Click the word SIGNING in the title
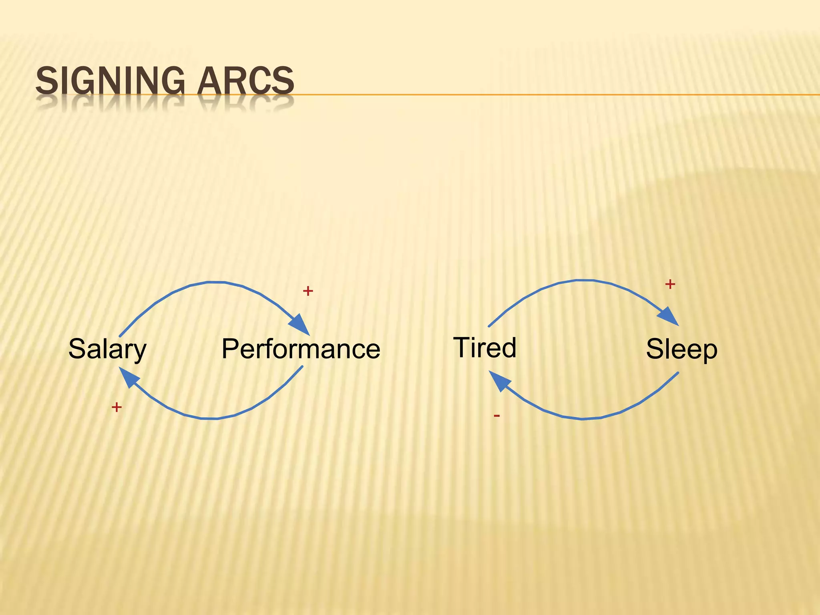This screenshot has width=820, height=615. tap(110, 81)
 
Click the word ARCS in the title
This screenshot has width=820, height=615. tap(245, 81)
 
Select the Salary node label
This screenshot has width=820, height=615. tap(107, 349)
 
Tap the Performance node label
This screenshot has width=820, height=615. tap(301, 349)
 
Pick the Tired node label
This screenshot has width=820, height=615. tap(484, 347)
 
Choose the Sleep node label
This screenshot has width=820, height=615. tap(681, 349)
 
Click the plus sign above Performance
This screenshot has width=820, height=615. tap(307, 291)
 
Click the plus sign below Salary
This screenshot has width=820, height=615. tap(117, 407)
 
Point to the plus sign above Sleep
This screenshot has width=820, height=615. tap(670, 284)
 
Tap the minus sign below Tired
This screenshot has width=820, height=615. tap(497, 416)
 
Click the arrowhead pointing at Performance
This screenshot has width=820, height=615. tap(300, 325)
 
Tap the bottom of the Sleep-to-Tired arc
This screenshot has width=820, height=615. tap(583, 419)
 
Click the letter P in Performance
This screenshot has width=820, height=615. tap(231, 349)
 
